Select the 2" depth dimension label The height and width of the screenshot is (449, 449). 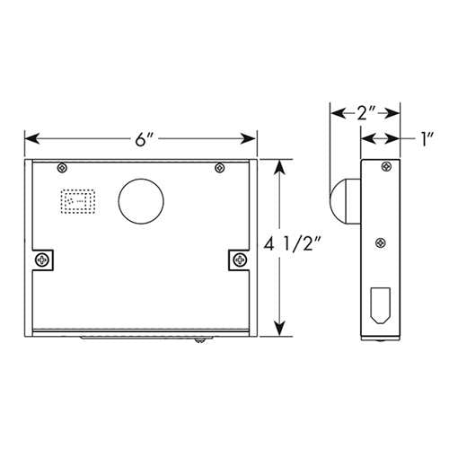365,114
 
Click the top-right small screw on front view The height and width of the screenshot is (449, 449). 219,167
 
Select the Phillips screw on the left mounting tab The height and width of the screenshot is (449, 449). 43,260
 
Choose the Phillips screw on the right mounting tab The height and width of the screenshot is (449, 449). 238,260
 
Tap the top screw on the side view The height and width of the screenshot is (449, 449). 386,166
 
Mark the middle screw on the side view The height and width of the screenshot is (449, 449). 381,242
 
